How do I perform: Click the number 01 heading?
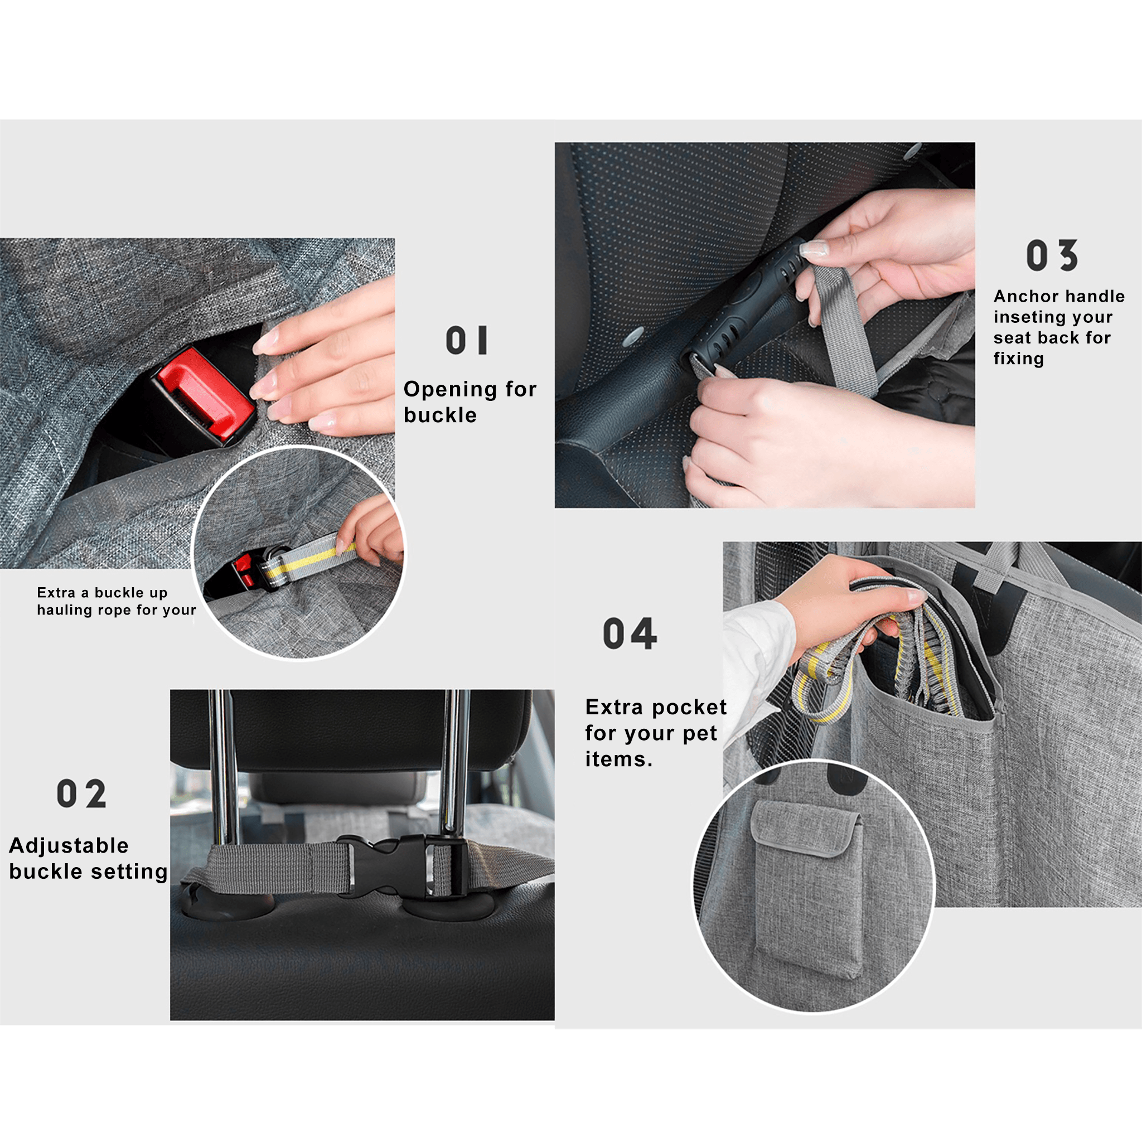467,341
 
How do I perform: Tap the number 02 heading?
81,793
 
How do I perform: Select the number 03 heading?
1052,255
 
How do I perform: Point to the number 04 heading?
630,633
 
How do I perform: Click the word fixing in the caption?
1018,359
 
